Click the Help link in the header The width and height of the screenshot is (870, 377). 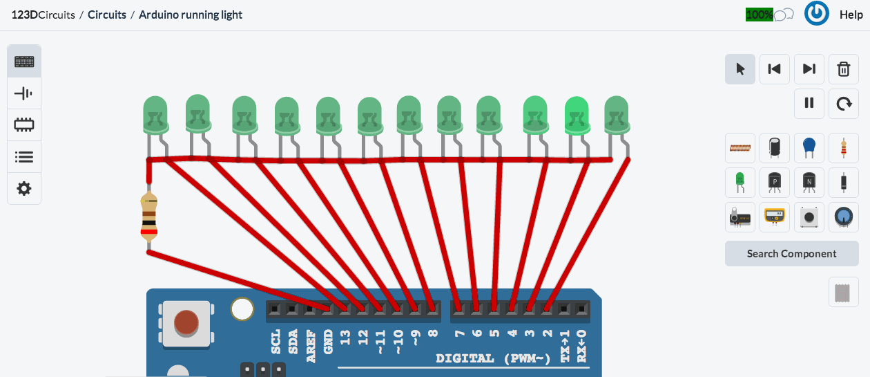[851, 15]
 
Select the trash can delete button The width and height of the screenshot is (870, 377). [843, 69]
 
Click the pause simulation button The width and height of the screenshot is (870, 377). [809, 103]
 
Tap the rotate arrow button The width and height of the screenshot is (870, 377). [843, 103]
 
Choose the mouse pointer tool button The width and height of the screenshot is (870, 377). [740, 69]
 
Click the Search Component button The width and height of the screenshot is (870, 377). [791, 254]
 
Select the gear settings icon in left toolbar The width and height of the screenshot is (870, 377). [24, 189]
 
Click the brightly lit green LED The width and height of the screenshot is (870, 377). [577, 114]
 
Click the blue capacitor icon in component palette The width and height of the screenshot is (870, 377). [809, 147]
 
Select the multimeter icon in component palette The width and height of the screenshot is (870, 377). [774, 217]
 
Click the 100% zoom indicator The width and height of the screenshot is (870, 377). [759, 15]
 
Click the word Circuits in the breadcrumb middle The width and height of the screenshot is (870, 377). [106, 15]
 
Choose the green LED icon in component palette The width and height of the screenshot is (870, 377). [740, 182]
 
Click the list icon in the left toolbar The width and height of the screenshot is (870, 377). [24, 157]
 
